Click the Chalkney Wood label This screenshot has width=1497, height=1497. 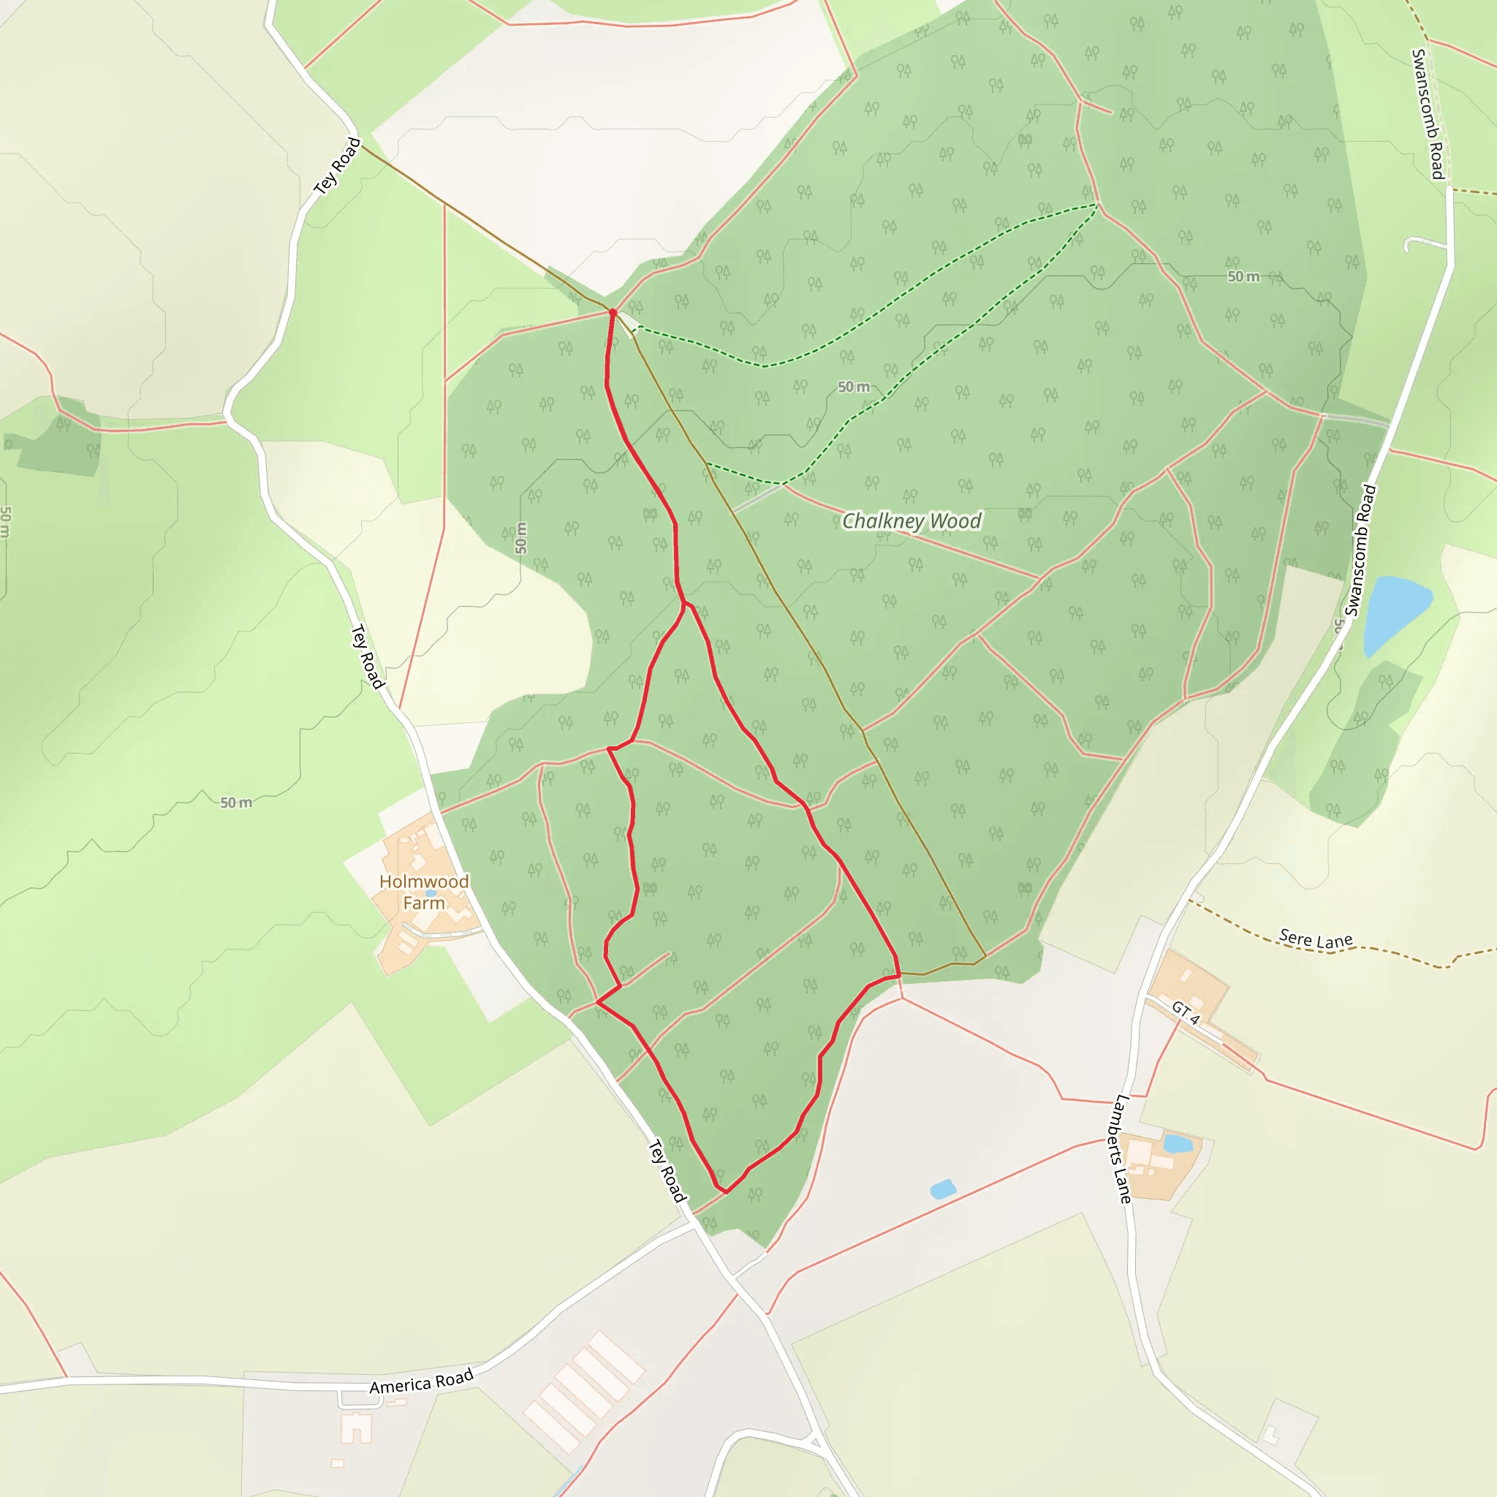912,520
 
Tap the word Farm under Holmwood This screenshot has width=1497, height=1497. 424,903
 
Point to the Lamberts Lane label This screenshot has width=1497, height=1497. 1123,1148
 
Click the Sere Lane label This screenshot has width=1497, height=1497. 1315,940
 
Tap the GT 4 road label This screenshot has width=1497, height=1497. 1186,1012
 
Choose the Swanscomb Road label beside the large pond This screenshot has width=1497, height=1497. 1360,550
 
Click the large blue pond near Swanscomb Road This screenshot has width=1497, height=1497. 1394,612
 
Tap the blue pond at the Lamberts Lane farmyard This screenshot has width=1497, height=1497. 1178,1144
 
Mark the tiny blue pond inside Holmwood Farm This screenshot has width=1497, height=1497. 431,892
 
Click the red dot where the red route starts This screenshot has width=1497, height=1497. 613,312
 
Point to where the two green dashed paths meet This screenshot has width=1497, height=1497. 1097,205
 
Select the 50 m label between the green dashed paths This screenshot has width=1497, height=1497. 853,387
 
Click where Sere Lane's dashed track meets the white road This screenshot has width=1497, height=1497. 1189,900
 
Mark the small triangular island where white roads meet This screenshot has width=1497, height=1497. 815,1443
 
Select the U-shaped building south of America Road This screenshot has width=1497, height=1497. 357,1428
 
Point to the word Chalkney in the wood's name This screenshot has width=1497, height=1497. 882,520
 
